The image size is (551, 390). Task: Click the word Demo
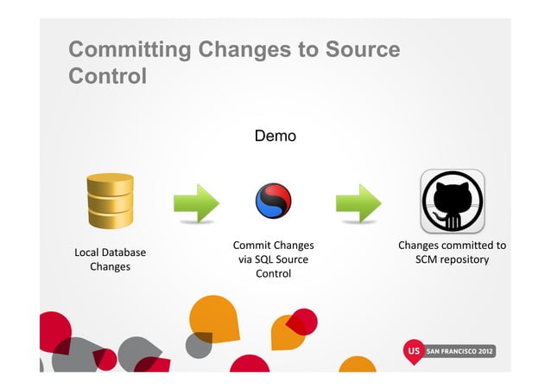click(275, 136)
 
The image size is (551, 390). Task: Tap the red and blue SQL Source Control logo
click(274, 202)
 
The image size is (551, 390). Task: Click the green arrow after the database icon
click(196, 203)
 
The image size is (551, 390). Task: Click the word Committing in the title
click(130, 49)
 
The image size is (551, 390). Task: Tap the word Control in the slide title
click(107, 76)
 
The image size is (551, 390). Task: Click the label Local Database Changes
click(110, 259)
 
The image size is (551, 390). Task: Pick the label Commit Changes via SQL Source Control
click(273, 259)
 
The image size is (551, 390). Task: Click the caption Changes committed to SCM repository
click(452, 253)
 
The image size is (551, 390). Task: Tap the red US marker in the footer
click(415, 353)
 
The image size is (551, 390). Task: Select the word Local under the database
click(88, 253)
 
